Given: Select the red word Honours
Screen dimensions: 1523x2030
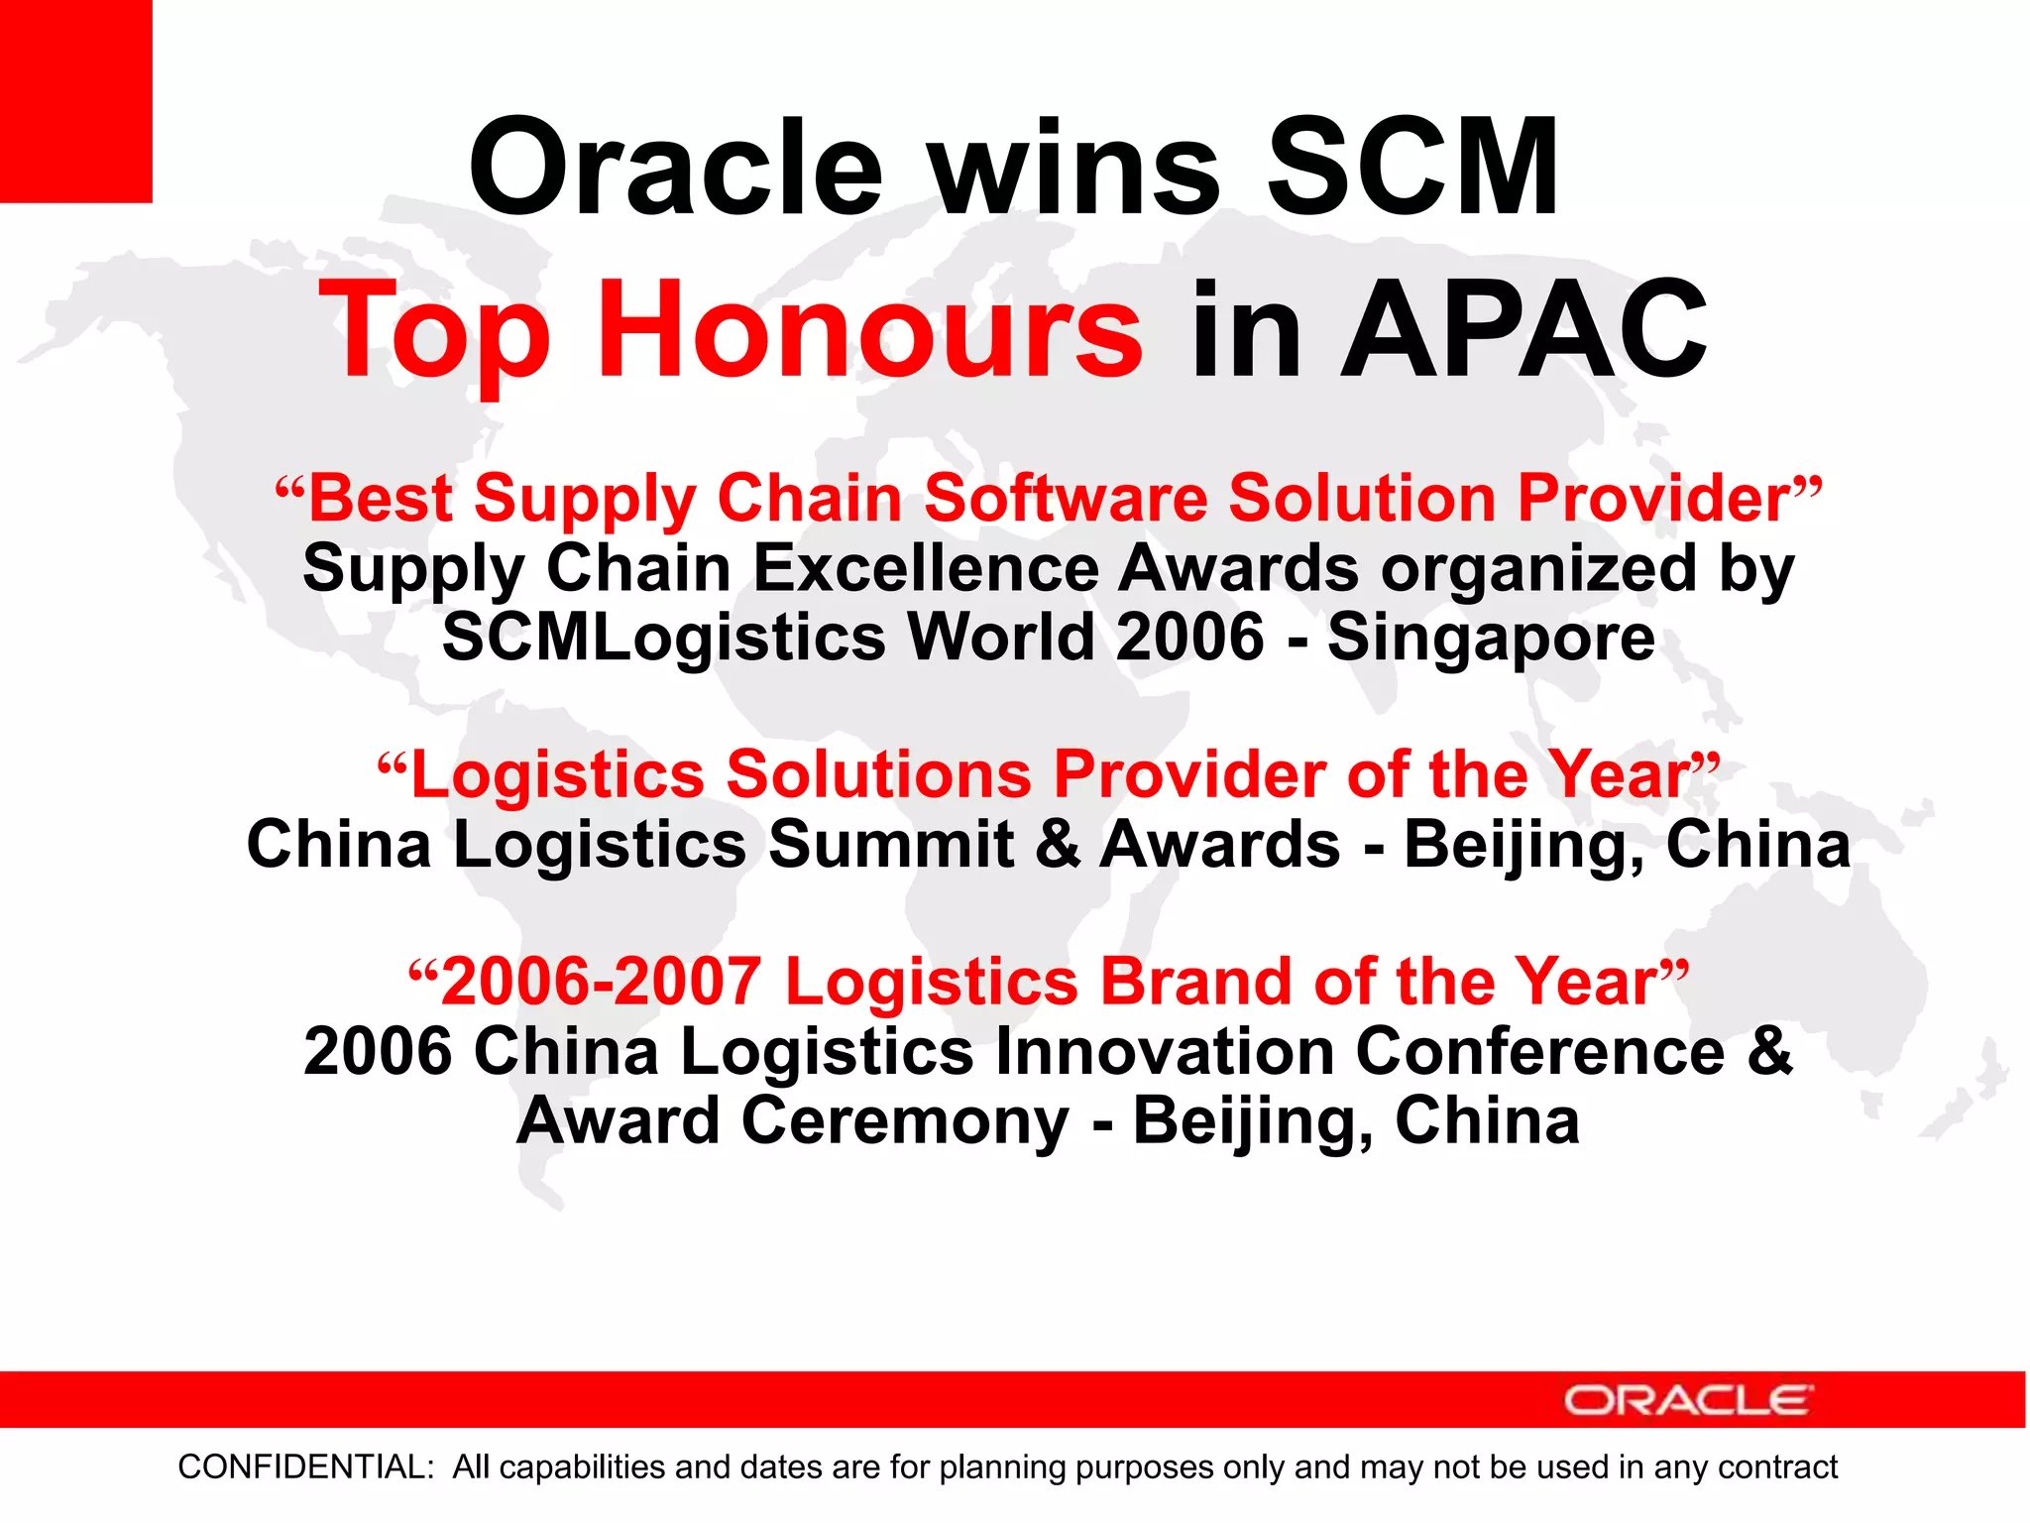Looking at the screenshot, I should (869, 330).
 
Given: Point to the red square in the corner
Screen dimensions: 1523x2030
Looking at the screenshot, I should (75, 99).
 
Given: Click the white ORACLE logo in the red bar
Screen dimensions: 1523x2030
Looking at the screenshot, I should (1688, 1400).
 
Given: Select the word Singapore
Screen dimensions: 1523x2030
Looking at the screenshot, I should (1491, 637).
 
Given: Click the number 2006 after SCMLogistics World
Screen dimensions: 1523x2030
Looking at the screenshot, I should (1189, 637).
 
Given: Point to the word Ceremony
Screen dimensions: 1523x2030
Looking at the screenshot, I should (905, 1121).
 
